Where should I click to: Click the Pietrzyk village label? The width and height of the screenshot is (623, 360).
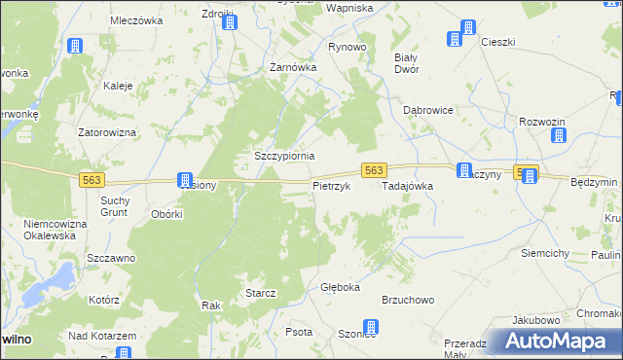(330, 186)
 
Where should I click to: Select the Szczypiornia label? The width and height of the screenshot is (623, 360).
(284, 156)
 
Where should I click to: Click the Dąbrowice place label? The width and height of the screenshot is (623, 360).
(428, 111)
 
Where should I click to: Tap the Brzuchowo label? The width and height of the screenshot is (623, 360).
(407, 301)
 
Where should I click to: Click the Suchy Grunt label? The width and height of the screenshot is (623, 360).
(116, 206)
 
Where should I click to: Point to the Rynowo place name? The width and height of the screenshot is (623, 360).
(348, 47)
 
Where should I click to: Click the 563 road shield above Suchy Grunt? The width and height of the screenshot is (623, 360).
(92, 179)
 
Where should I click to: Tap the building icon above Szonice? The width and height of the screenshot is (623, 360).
(370, 329)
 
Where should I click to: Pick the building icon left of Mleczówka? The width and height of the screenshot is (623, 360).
(75, 46)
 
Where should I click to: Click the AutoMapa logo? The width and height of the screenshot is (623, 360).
(556, 342)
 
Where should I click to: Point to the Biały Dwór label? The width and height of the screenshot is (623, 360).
(405, 63)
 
